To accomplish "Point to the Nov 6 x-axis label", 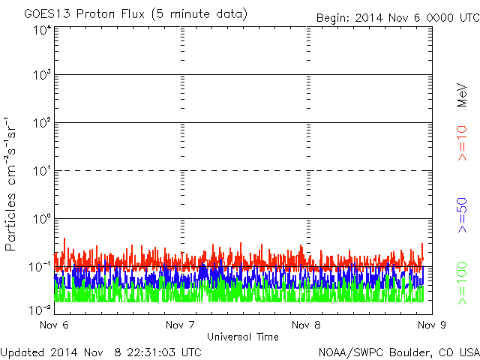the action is pyautogui.click(x=54, y=325).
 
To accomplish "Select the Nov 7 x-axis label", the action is pyautogui.click(x=180, y=325).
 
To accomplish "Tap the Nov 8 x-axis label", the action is pyautogui.click(x=306, y=325).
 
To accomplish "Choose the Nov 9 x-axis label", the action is pyautogui.click(x=432, y=325).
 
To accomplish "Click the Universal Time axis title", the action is pyautogui.click(x=243, y=337).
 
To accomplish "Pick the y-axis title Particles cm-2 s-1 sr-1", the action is pyautogui.click(x=10, y=184).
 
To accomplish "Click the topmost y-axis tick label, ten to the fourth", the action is pyautogui.click(x=42, y=30).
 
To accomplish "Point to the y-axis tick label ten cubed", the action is pyautogui.click(x=42, y=74).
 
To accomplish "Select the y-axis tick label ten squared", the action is pyautogui.click(x=42, y=122).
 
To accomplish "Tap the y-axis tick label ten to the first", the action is pyautogui.click(x=42, y=170).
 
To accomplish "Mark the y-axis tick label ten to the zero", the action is pyautogui.click(x=42, y=218).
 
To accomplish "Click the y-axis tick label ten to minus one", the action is pyautogui.click(x=40, y=267).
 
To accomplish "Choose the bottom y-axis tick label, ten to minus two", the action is pyautogui.click(x=40, y=310).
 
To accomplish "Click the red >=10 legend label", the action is pyautogui.click(x=462, y=143).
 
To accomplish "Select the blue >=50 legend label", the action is pyautogui.click(x=462, y=215).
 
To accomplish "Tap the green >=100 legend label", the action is pyautogui.click(x=462, y=283).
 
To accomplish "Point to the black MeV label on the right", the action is pyautogui.click(x=462, y=95).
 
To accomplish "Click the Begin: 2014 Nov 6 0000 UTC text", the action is pyautogui.click(x=398, y=18).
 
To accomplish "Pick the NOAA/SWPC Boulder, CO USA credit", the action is pyautogui.click(x=399, y=352).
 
